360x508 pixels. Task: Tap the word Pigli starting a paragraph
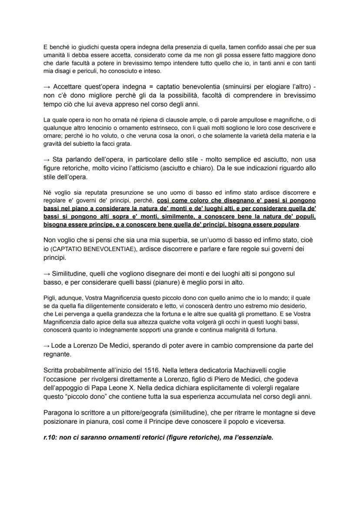point(50,299)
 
